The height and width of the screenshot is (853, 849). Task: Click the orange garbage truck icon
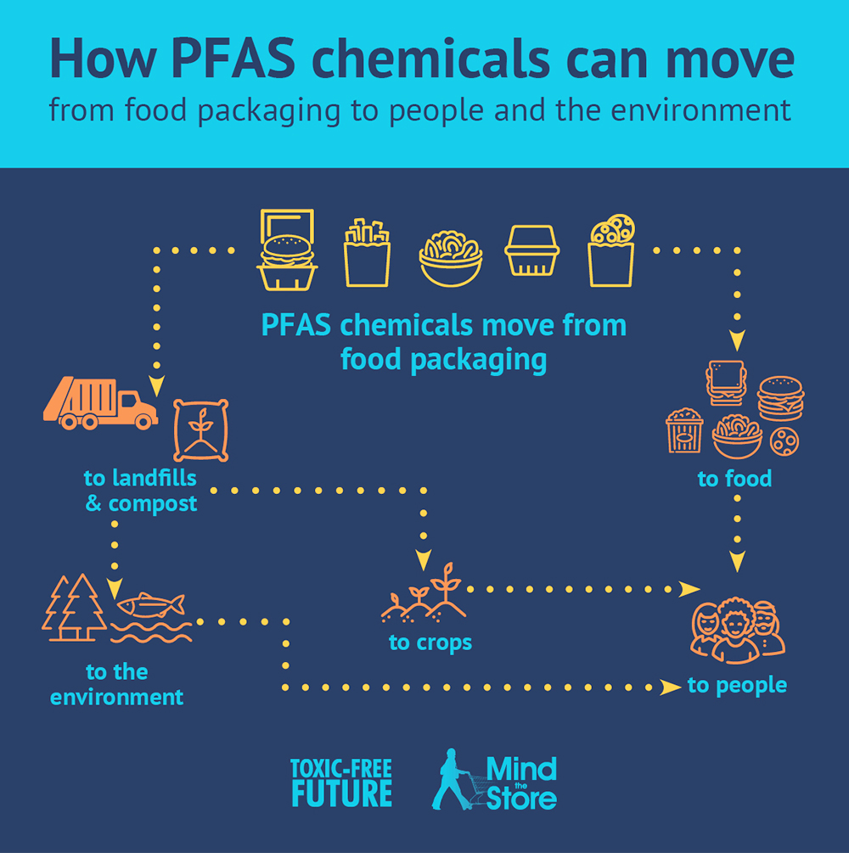101,402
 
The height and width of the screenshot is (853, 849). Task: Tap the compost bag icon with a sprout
201,430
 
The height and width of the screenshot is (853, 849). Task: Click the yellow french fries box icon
367,252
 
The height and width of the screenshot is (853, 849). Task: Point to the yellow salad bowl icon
451,258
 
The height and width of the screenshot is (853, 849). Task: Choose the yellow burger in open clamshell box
287,250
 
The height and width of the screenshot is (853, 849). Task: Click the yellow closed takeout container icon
532,250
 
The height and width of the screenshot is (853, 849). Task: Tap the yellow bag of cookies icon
612,250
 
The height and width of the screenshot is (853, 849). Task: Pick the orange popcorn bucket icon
684,430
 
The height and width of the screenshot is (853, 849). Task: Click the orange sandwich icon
726,383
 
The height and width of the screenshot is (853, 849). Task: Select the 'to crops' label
430,643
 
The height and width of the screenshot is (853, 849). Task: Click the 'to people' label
737,686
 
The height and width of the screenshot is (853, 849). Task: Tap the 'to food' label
734,479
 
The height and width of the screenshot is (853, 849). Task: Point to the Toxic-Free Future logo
342,783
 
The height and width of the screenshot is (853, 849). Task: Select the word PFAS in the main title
233,59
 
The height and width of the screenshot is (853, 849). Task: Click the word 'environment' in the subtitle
700,110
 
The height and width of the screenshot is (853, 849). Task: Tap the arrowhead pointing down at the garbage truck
157,385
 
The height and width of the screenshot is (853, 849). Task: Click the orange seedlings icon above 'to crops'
424,593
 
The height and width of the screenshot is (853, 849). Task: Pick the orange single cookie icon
784,441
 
